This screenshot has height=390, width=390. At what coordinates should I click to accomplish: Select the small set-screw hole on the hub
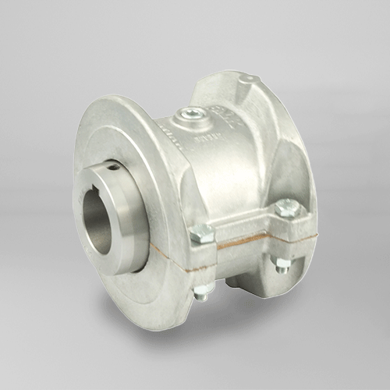[x=114, y=165]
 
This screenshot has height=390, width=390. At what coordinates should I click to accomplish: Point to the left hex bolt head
[x=201, y=232]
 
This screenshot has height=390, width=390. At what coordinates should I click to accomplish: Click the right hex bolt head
[x=286, y=207]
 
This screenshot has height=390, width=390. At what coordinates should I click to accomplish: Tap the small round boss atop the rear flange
[x=247, y=79]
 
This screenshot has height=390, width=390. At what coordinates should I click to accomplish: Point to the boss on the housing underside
[x=234, y=277]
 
